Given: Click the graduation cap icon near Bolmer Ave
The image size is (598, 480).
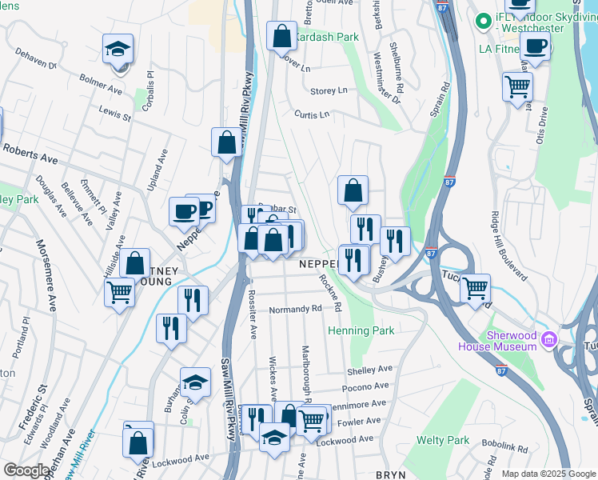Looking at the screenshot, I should (117, 50).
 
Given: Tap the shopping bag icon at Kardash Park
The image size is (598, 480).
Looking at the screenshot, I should (281, 36).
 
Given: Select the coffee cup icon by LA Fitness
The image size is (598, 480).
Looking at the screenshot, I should (535, 46).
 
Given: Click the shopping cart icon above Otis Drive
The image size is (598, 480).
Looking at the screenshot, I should (517, 85).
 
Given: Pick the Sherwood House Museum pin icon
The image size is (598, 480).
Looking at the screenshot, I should (548, 340).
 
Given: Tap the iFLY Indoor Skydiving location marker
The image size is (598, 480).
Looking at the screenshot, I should (482, 20).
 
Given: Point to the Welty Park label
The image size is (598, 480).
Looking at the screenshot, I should (442, 440).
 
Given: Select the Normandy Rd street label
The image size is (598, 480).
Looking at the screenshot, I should (295, 308).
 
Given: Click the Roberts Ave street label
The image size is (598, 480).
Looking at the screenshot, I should (30, 154).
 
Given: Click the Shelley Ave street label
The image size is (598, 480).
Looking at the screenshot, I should (369, 370).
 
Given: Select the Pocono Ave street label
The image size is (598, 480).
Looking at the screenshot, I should (365, 387).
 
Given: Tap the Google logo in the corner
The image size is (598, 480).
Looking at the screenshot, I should (26, 470).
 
